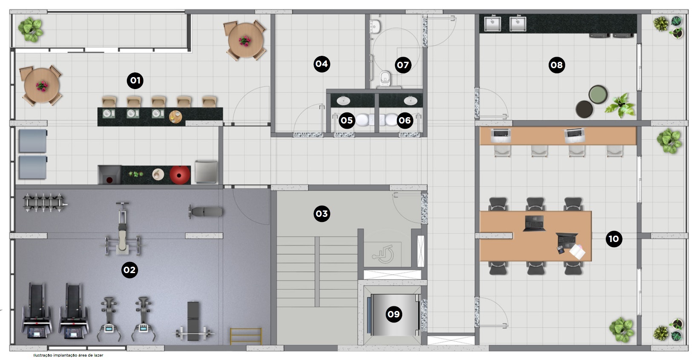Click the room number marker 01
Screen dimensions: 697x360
[x=135, y=81]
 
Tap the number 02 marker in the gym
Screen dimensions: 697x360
[x=130, y=270]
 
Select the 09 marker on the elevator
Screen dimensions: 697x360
[x=394, y=314]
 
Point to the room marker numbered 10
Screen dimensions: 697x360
[x=613, y=239]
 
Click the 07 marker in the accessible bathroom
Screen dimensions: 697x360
[x=403, y=65]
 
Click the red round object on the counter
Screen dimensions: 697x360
[x=180, y=175]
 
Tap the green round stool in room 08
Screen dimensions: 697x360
[x=598, y=94]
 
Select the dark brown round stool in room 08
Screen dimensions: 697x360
[x=584, y=109]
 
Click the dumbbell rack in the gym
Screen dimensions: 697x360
[x=44, y=202]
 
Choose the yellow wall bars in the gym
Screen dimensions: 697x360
[x=246, y=336]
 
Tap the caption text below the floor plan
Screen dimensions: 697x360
[x=68, y=355]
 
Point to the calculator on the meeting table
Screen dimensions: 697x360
[x=561, y=250]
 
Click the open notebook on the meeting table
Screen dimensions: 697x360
[x=578, y=252]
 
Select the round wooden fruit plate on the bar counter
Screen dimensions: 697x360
[x=176, y=117]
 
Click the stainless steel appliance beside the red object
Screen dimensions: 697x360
[x=206, y=172]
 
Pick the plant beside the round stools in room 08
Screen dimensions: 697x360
[x=620, y=105]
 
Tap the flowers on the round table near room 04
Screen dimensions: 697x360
[x=245, y=41]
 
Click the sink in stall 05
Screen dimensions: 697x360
[x=343, y=101]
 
